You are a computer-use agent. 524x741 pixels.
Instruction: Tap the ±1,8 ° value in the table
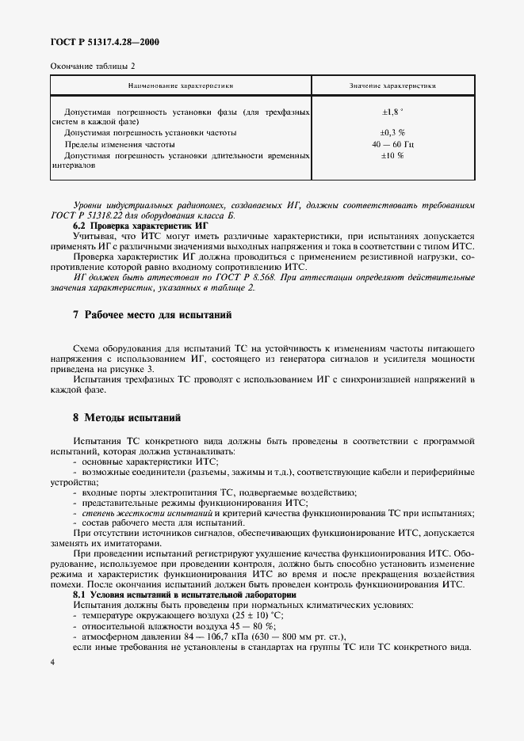pyautogui.click(x=392, y=112)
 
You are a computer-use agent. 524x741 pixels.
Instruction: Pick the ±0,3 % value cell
pyautogui.click(x=392, y=133)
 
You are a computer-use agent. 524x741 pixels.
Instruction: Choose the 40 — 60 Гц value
pyautogui.click(x=392, y=145)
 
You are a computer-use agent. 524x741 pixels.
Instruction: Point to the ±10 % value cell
pyautogui.click(x=392, y=156)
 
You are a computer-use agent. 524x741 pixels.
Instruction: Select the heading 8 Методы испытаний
pyautogui.click(x=127, y=416)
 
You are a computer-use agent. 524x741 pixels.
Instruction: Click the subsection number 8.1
pyautogui.click(x=80, y=594)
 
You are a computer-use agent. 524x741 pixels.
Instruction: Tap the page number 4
pyautogui.click(x=52, y=663)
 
